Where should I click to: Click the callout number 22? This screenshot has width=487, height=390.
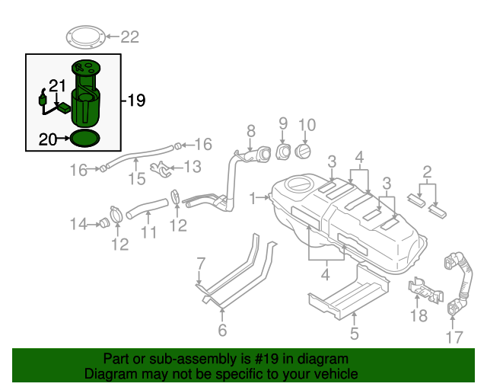pyautogui.click(x=130, y=36)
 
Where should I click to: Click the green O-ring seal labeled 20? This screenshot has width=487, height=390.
pyautogui.click(x=84, y=139)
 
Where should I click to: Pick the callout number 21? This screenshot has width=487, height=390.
pyautogui.click(x=58, y=85)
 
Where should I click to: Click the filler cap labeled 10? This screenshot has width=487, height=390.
pyautogui.click(x=303, y=152)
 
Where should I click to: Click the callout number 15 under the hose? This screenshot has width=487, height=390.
pyautogui.click(x=136, y=179)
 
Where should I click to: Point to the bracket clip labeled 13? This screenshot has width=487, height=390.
pyautogui.click(x=161, y=168)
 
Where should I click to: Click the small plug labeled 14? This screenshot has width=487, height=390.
pyautogui.click(x=99, y=223)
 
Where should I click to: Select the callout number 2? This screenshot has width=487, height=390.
pyautogui.click(x=428, y=171)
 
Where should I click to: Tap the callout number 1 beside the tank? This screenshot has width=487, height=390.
pyautogui.click(x=252, y=198)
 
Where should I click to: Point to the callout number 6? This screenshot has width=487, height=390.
pyautogui.click(x=222, y=329)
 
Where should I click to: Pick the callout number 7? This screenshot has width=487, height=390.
pyautogui.click(x=201, y=264)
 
